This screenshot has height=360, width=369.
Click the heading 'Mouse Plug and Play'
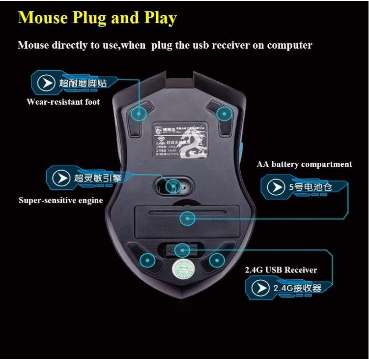coord(97,18)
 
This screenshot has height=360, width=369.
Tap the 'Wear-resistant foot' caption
coord(63,102)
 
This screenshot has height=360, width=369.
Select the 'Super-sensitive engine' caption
coord(61,201)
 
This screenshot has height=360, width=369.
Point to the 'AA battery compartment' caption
coord(304,164)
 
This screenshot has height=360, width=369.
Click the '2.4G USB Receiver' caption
coord(281,270)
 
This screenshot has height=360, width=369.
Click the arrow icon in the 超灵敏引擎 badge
coord(61,178)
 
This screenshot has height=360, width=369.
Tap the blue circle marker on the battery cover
coord(187,218)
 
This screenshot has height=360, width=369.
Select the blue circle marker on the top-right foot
coord(225,115)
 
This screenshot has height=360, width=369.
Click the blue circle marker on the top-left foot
coord(140,114)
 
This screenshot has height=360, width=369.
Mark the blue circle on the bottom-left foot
coord(147,260)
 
